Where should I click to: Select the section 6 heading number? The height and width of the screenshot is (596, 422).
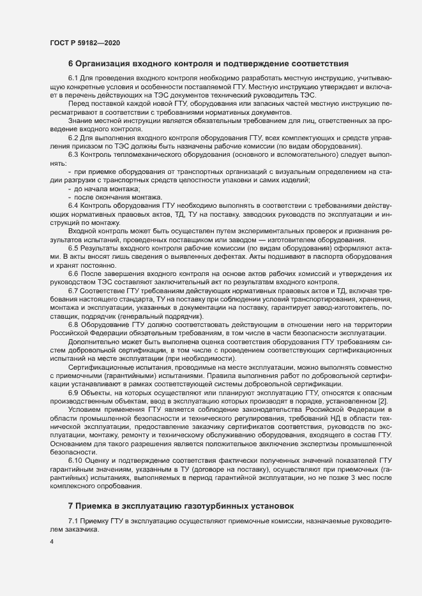(71, 64)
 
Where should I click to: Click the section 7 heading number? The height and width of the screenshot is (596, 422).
(71, 505)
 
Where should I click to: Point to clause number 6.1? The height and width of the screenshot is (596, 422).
(73, 78)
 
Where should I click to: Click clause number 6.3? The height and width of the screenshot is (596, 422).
(73, 155)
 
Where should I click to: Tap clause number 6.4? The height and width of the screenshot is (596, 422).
(73, 205)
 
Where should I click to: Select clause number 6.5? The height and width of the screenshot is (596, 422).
(73, 246)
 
